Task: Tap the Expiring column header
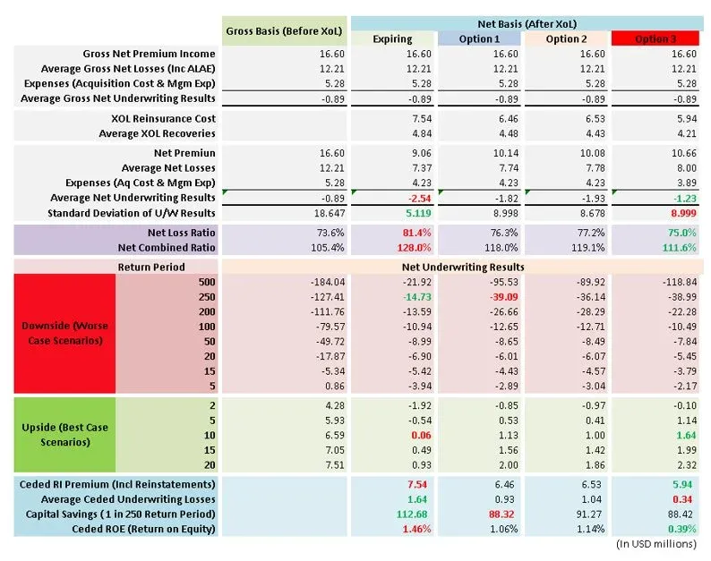tap(393, 38)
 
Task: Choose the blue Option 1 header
tap(479, 38)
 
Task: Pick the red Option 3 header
tap(655, 38)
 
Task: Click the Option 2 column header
tap(567, 38)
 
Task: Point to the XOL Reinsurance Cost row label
tap(163, 118)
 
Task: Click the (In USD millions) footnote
tap(656, 543)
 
